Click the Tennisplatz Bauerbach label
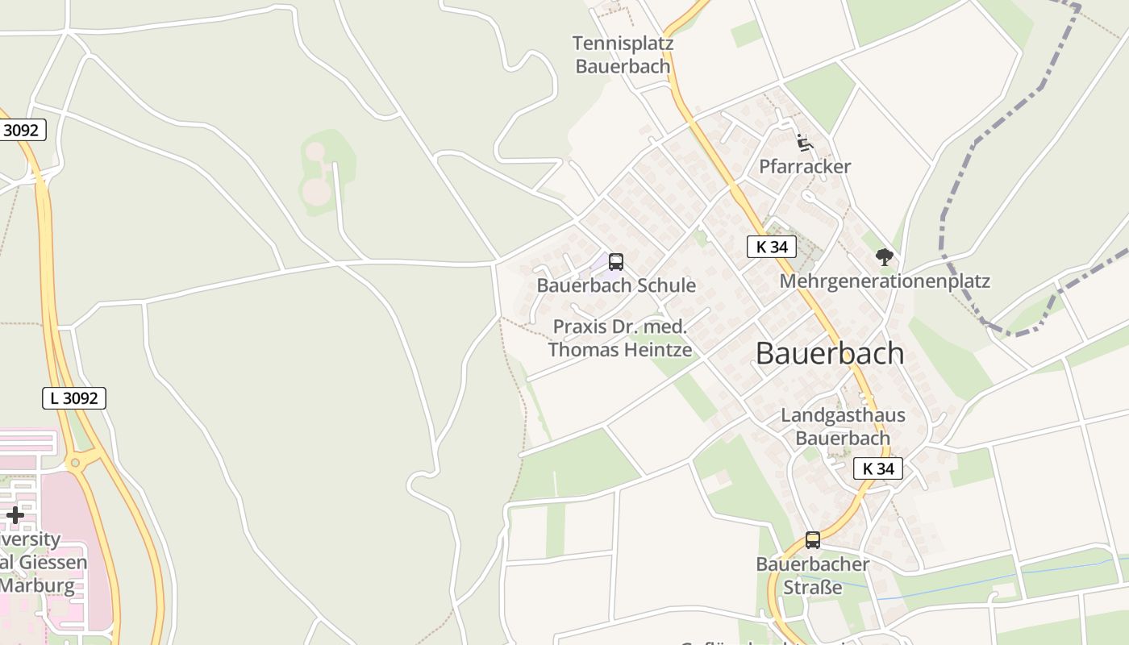pyautogui.click(x=623, y=54)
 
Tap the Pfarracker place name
pyautogui.click(x=805, y=167)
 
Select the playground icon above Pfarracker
pyautogui.click(x=804, y=143)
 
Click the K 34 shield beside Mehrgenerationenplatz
pyautogui.click(x=772, y=247)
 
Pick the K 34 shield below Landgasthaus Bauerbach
pyautogui.click(x=877, y=468)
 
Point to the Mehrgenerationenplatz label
pyautogui.click(x=884, y=281)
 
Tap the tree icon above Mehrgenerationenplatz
pyautogui.click(x=885, y=257)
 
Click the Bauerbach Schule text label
pyautogui.click(x=616, y=285)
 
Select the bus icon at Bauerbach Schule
pyautogui.click(x=616, y=262)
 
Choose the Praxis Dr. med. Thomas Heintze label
pyautogui.click(x=619, y=339)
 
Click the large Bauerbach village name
pyautogui.click(x=830, y=353)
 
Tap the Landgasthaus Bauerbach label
pyautogui.click(x=843, y=427)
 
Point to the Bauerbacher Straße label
pyautogui.click(x=812, y=575)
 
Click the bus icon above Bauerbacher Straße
pyautogui.click(x=813, y=540)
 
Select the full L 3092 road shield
pyautogui.click(x=74, y=397)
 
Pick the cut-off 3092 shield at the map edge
pyautogui.click(x=21, y=130)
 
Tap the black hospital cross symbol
pyautogui.click(x=15, y=514)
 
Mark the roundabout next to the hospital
pyautogui.click(x=76, y=462)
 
